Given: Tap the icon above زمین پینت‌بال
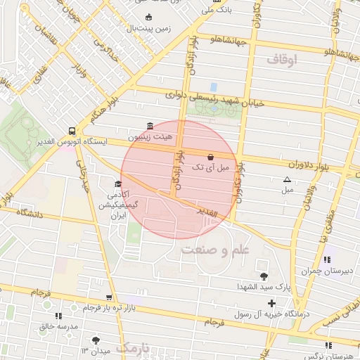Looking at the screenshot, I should point(148,18).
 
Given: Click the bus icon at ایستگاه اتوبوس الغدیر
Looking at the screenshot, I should point(72,131).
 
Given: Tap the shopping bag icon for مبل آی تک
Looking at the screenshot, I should point(211,157).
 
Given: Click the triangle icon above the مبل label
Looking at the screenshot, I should point(287,179).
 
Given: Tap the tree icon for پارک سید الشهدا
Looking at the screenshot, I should point(264,276).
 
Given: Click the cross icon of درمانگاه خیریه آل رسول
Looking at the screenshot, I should point(271,303).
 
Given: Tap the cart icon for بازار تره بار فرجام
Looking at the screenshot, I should point(108,297).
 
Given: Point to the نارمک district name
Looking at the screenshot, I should point(133,348).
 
